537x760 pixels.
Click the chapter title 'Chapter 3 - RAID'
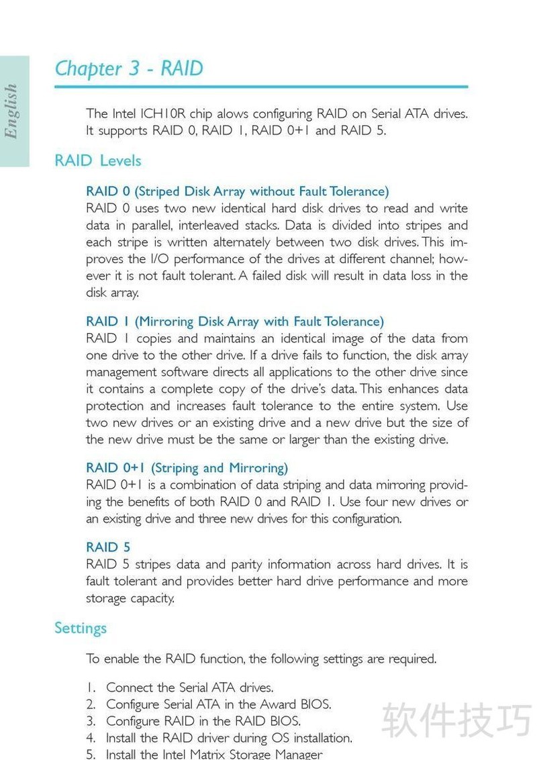[x=128, y=68]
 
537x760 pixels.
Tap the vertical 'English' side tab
[x=11, y=111]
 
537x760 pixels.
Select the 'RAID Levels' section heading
[x=98, y=160]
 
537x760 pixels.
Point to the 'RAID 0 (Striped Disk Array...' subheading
[x=237, y=191]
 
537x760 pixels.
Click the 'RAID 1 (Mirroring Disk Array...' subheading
[x=235, y=322]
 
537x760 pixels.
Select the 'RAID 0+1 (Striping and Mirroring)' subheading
[x=187, y=468]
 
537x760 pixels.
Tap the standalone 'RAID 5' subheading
[x=108, y=547]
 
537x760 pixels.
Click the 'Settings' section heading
[x=81, y=628]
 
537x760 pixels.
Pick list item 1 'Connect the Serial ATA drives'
[x=189, y=687]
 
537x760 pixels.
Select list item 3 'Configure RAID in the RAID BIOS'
[x=203, y=721]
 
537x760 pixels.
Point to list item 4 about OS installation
[x=228, y=738]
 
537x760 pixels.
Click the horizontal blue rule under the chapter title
[x=261, y=87]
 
